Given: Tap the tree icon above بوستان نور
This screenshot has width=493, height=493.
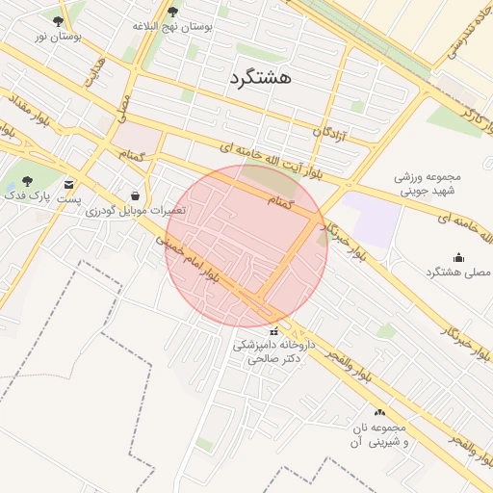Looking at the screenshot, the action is pos(59,21).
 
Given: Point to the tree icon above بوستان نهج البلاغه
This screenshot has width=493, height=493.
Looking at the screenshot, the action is pos(172,12).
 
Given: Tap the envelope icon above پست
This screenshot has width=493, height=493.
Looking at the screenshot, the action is pos(68,184).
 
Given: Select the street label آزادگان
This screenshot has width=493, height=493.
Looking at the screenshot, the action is pos(330,131).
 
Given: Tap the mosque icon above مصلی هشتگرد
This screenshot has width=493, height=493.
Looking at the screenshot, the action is pos(458,257).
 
